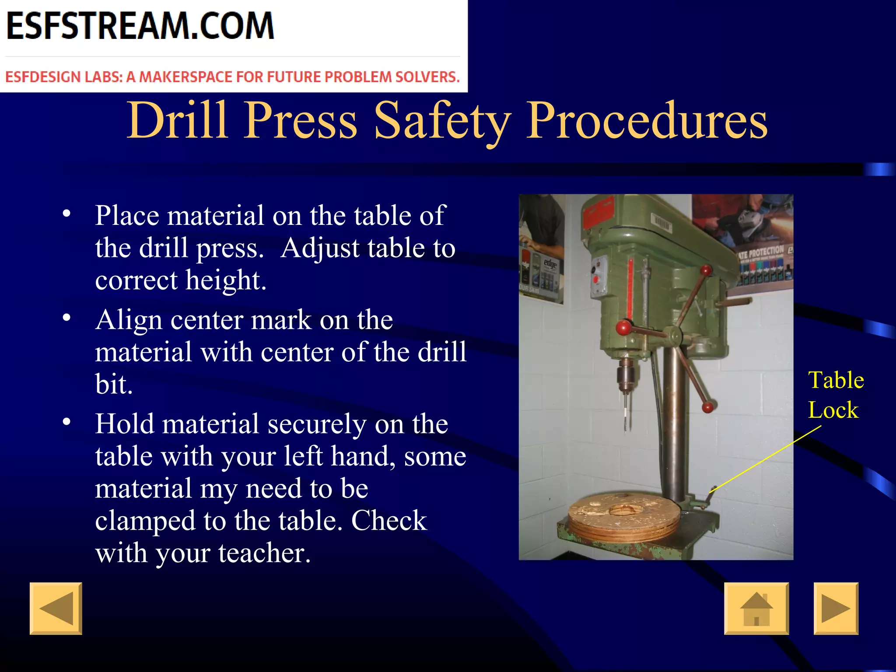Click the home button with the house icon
(x=756, y=608)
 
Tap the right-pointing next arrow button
(x=836, y=608)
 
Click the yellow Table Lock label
(x=836, y=395)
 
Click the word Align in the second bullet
(x=129, y=320)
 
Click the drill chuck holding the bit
(x=626, y=374)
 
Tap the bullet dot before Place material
(x=66, y=214)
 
